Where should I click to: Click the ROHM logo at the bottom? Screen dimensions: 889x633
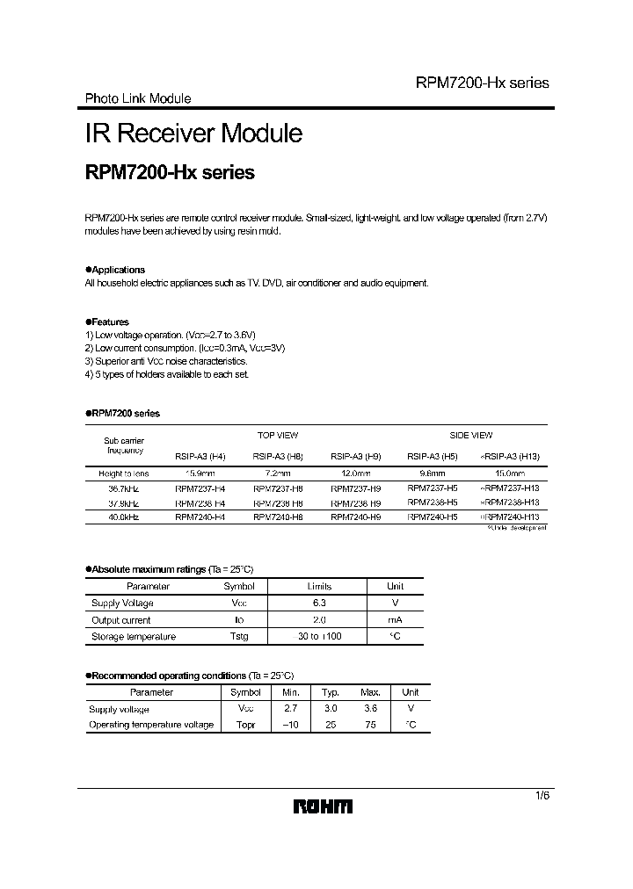(x=323, y=806)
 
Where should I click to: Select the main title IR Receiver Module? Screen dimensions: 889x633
(x=193, y=134)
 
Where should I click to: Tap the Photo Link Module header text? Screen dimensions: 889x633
(x=137, y=98)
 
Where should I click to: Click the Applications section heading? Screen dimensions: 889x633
(x=117, y=270)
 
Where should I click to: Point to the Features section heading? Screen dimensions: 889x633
(x=109, y=322)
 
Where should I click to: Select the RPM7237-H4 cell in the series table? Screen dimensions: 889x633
(x=200, y=488)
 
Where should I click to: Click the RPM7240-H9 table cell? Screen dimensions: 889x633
(x=355, y=517)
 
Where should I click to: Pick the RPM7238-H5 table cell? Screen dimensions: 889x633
(x=433, y=502)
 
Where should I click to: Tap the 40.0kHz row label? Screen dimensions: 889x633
(x=123, y=517)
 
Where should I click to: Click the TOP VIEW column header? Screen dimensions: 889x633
(x=277, y=435)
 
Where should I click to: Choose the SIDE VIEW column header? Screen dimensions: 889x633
(x=470, y=435)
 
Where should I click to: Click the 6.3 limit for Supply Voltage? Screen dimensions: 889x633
(x=319, y=603)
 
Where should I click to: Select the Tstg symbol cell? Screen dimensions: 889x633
(x=239, y=636)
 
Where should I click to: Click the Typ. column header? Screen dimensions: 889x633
(x=331, y=692)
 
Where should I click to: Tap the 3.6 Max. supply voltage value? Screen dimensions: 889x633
(x=370, y=708)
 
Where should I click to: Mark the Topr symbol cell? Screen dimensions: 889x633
(x=245, y=725)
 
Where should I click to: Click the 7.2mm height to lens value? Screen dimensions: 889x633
(x=277, y=473)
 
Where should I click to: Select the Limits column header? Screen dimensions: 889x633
(x=319, y=586)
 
